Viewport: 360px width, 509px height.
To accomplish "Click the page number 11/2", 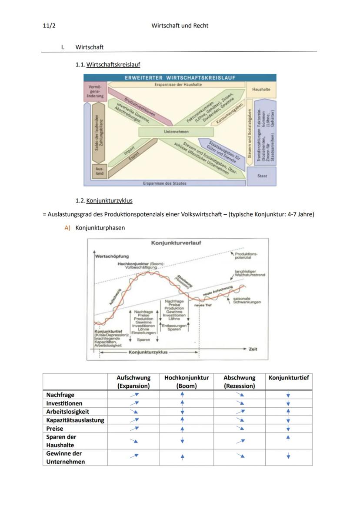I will tap(49, 26).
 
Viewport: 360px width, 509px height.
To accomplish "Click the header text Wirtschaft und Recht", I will tap(180, 26).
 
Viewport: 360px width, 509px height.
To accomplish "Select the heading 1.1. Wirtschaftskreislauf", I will tap(108, 65).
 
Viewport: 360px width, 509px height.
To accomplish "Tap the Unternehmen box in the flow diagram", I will tap(176, 131).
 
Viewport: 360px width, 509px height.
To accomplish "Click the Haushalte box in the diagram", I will tap(261, 89).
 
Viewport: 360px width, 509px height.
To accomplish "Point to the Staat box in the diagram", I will tap(261, 176).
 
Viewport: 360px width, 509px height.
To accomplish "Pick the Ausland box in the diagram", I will tap(100, 170).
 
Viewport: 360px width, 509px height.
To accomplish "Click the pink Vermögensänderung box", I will tap(95, 92).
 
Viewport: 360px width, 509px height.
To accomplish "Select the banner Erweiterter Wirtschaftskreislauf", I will tap(180, 78).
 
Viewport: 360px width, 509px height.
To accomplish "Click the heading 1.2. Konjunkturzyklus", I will tap(104, 201).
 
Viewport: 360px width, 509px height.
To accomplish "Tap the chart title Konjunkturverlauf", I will tap(176, 243).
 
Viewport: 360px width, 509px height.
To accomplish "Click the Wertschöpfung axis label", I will tap(112, 256).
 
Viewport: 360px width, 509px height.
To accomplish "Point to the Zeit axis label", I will tap(253, 349).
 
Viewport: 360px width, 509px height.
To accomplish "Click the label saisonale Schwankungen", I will tap(247, 300).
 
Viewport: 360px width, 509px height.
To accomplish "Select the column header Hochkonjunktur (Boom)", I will tap(187, 382).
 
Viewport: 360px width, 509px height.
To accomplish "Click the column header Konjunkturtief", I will tap(289, 378).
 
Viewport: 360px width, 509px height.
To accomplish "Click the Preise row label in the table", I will tap(55, 428).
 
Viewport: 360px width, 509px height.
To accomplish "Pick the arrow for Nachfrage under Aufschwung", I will tap(134, 395).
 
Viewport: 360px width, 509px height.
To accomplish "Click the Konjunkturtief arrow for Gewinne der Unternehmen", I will tap(288, 456).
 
